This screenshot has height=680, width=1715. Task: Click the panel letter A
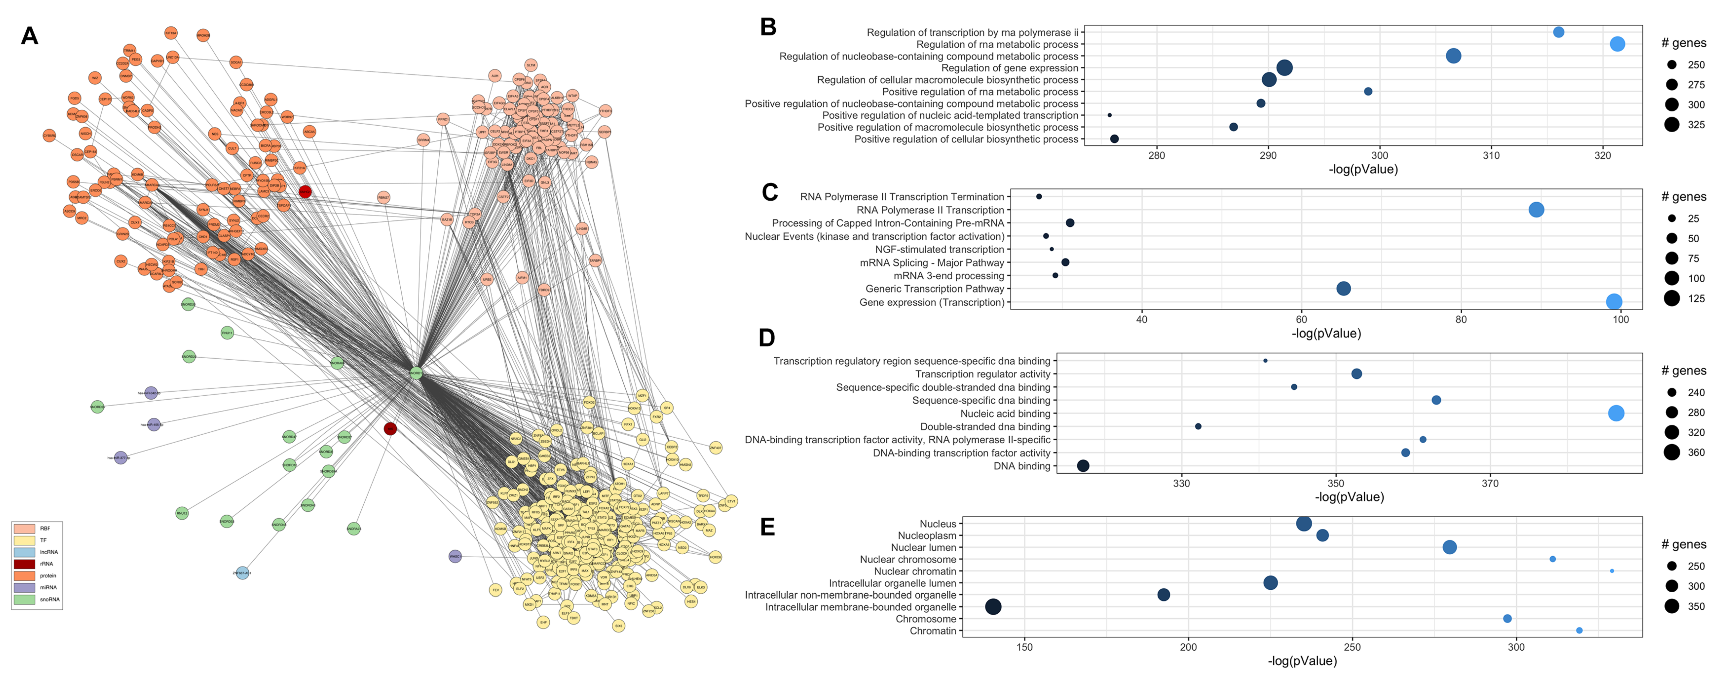pyautogui.click(x=29, y=35)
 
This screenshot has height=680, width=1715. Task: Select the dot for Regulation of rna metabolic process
pyautogui.click(x=1617, y=44)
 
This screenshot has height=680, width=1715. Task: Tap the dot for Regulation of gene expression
pyautogui.click(x=1284, y=67)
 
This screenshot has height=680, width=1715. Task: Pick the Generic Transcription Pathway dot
pyautogui.click(x=1343, y=288)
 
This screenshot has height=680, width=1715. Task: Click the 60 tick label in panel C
pyautogui.click(x=1301, y=320)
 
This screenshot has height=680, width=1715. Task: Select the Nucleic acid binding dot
pyautogui.click(x=1616, y=413)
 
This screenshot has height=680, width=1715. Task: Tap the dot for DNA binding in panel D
pyautogui.click(x=1083, y=466)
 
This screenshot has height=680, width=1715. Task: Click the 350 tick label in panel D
pyautogui.click(x=1336, y=484)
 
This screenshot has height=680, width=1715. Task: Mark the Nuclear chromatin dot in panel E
pyautogui.click(x=1612, y=571)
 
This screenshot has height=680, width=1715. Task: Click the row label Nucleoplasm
pyautogui.click(x=927, y=535)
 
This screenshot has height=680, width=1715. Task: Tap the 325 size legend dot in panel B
pyautogui.click(x=1672, y=125)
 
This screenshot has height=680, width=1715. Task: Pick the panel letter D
pyautogui.click(x=767, y=338)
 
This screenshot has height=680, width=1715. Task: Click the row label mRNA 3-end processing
pyautogui.click(x=949, y=276)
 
